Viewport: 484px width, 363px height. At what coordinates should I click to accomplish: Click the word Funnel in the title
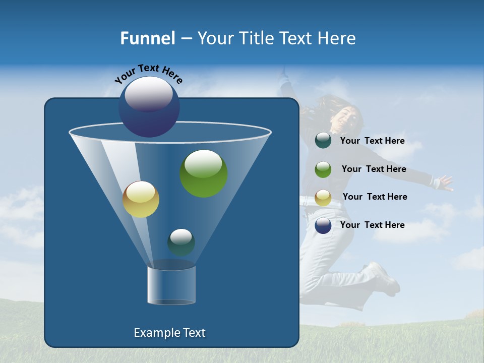point(147,38)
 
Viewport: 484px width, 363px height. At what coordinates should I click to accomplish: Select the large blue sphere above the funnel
point(149,106)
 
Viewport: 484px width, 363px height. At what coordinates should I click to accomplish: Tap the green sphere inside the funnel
point(204,173)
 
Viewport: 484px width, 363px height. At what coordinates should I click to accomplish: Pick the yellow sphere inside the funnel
point(141,199)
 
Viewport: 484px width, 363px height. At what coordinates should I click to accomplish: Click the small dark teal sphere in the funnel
point(181,243)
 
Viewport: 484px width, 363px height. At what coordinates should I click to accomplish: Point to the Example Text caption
point(169,333)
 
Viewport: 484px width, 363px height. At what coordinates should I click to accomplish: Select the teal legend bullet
point(323,141)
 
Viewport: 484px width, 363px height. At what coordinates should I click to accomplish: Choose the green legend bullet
point(323,169)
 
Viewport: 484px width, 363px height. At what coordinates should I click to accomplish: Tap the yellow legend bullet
point(323,198)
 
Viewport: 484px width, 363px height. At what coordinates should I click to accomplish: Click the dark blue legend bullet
point(323,225)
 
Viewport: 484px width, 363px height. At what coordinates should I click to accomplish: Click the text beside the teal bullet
point(372,141)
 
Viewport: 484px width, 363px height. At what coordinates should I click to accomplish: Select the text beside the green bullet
point(374,169)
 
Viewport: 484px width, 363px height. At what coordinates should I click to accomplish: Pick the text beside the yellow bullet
point(375,197)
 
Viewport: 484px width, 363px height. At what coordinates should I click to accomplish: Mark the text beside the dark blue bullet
point(372,225)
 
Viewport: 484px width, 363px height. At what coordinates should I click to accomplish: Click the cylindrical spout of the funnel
point(171,285)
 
